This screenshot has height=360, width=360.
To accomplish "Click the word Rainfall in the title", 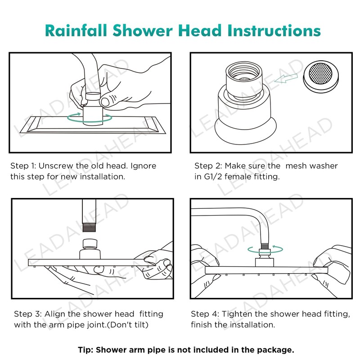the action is (x=76, y=31).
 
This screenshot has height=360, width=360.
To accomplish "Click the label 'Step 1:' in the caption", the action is (x=23, y=166).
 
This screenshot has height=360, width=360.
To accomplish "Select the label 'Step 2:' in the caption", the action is (x=208, y=166).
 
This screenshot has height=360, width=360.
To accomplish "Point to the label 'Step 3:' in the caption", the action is (x=28, y=314).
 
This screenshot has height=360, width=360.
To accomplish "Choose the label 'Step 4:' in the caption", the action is (x=205, y=314).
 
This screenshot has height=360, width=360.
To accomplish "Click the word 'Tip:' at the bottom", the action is (x=85, y=350).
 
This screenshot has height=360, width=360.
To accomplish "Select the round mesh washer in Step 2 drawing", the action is (x=320, y=76).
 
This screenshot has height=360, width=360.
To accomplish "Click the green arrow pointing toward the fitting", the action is (x=286, y=78).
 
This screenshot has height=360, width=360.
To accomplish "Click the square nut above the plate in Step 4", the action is (x=265, y=262).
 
